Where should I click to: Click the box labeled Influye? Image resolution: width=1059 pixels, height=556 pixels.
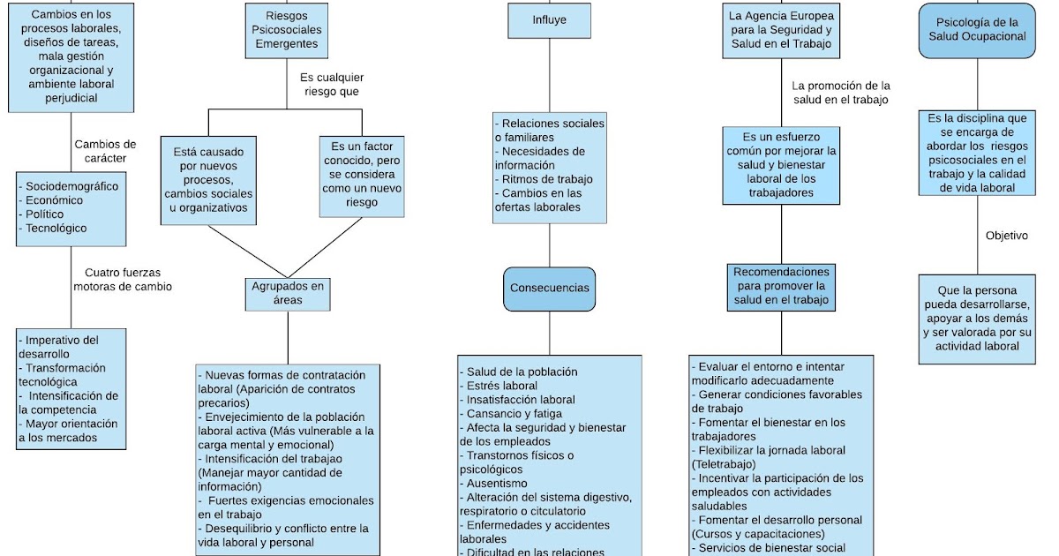pyautogui.click(x=550, y=20)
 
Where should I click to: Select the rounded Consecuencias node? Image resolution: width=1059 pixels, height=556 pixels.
pyautogui.click(x=550, y=288)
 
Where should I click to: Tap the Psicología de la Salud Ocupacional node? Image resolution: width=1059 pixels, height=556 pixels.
pyautogui.click(x=977, y=30)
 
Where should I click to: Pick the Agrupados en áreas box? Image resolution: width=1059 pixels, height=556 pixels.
pyautogui.click(x=288, y=293)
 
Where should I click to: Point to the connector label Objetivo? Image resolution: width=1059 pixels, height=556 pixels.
pyautogui.click(x=1006, y=236)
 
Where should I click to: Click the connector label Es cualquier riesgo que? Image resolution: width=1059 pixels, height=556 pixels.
pyautogui.click(x=331, y=85)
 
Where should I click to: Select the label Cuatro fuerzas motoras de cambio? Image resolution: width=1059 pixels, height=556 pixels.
pyautogui.click(x=123, y=280)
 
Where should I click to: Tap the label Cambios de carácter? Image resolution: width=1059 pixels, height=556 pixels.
pyautogui.click(x=105, y=151)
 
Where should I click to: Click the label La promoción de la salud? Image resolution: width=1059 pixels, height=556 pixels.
pyautogui.click(x=841, y=93)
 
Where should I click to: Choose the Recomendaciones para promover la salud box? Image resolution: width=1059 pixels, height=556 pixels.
pyautogui.click(x=781, y=287)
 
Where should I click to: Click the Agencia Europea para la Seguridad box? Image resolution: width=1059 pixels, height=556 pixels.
pyautogui.click(x=781, y=30)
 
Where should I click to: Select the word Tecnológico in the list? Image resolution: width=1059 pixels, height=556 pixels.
pyautogui.click(x=56, y=229)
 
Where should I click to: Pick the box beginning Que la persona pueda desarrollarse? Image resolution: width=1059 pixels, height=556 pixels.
pyautogui.click(x=977, y=319)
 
